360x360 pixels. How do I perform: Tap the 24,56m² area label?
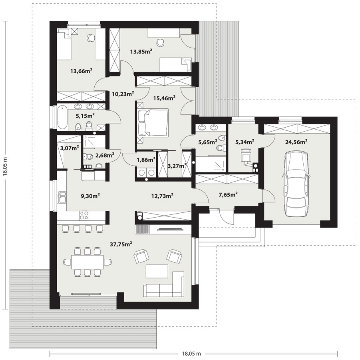(296, 142)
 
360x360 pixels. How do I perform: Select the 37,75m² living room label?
(121, 244)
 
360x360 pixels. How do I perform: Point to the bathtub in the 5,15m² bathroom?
(62, 117)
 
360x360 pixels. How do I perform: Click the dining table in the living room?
(87, 262)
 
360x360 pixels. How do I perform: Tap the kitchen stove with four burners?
(84, 215)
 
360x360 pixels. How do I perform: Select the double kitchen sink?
(62, 197)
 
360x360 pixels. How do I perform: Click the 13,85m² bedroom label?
(141, 51)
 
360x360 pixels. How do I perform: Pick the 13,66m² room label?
(81, 71)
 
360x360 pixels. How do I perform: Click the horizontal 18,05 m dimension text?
(191, 354)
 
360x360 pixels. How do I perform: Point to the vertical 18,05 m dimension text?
(5, 166)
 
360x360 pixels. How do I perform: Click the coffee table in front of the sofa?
(157, 271)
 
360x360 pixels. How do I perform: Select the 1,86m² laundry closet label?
(146, 160)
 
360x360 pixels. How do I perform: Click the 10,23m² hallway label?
(123, 94)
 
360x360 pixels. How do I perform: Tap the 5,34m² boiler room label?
(245, 142)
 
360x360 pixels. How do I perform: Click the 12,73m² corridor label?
(162, 196)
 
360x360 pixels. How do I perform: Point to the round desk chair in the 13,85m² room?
(160, 42)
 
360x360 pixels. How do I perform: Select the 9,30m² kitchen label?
(90, 196)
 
